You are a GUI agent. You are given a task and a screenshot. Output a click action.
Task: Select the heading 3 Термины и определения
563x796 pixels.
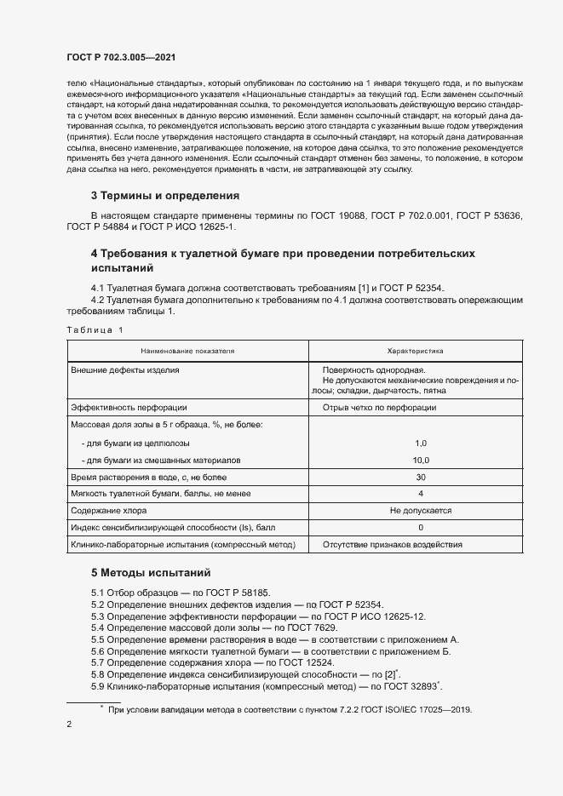coord(165,195)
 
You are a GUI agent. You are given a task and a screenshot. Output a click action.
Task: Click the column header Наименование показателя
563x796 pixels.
coord(187,350)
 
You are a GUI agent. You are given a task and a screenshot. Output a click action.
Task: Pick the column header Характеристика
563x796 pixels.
coord(416,350)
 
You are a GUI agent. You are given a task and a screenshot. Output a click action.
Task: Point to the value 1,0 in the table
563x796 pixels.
coord(420,444)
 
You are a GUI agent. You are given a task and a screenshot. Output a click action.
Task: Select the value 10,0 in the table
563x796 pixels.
coord(420,460)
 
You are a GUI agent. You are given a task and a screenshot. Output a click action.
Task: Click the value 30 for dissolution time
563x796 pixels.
coord(420,478)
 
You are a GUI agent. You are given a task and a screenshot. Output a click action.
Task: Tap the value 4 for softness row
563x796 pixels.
coord(420,494)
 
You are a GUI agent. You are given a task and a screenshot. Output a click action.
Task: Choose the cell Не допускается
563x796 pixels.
coord(420,511)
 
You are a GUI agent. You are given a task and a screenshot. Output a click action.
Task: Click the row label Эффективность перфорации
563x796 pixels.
coord(129,407)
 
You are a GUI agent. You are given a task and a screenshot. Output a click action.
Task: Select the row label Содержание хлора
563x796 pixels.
coord(109,511)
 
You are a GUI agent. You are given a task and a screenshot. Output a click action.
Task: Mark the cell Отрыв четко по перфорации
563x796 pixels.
coord(379,407)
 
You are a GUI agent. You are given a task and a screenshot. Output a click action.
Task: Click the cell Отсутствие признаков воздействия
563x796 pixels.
coord(393,545)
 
